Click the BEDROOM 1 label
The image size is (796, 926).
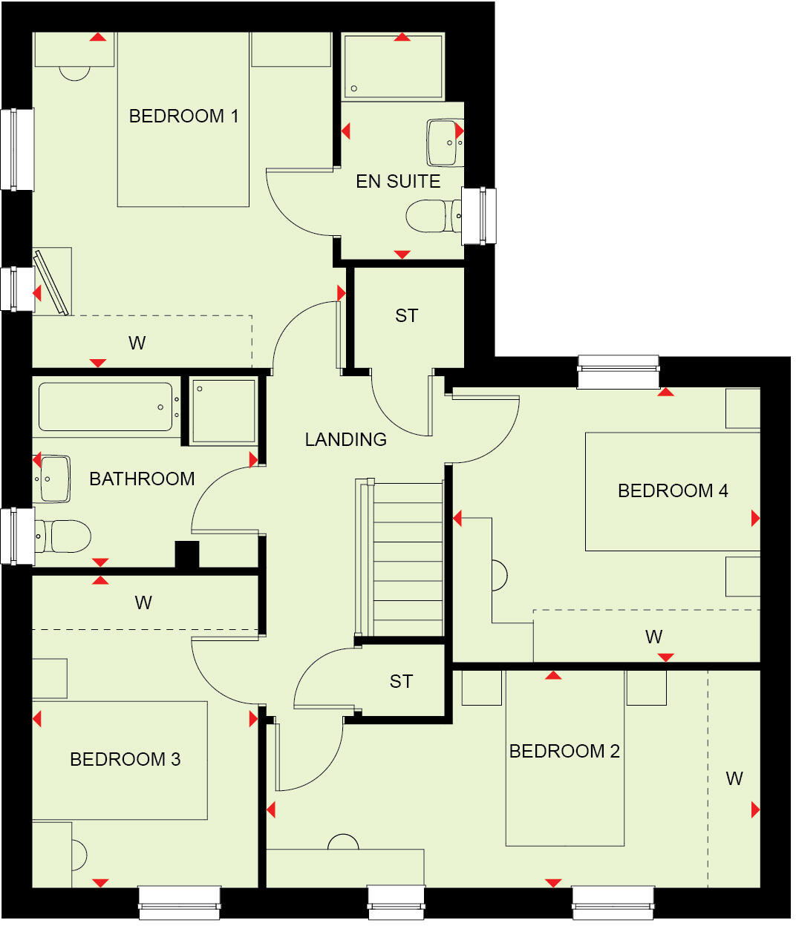pos(183,116)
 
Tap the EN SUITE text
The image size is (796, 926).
pos(398,182)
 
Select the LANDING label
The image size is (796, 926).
pos(346,440)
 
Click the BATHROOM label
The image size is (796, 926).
pos(142,479)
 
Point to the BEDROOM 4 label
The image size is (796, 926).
pos(673,491)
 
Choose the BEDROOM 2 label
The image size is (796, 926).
pos(564,752)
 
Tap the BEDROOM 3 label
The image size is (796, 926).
pos(125,760)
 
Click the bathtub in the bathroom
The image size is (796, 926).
pos(105,407)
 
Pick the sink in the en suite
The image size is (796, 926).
pos(444,142)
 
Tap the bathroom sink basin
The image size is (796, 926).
pos(52,479)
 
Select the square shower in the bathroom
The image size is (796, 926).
pos(224,411)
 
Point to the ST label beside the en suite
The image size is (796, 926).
pos(406,316)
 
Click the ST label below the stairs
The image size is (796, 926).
pos(401,682)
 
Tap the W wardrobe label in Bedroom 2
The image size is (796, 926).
pos(734,779)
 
